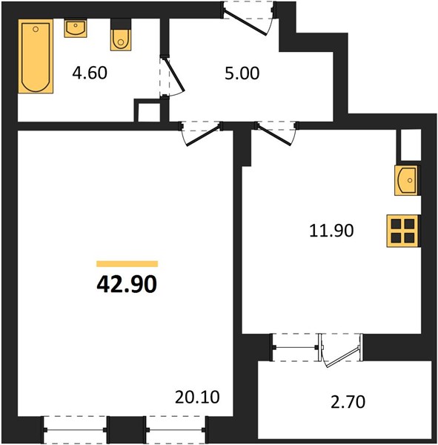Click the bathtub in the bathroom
tap(36, 56)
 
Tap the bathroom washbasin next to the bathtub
tap(76, 28)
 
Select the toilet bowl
tap(121, 40)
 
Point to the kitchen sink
tap(408, 180)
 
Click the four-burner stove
tap(403, 231)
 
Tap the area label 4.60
tap(90, 73)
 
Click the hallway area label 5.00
tap(242, 73)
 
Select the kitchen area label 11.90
tap(331, 231)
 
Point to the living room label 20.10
tap(197, 397)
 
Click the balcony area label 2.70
tap(348, 402)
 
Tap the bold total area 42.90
tap(127, 285)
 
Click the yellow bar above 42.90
tap(127, 264)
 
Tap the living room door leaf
tap(204, 135)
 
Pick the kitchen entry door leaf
tap(273, 134)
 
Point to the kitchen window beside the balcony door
tap(296, 347)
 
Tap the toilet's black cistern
tap(121, 24)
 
